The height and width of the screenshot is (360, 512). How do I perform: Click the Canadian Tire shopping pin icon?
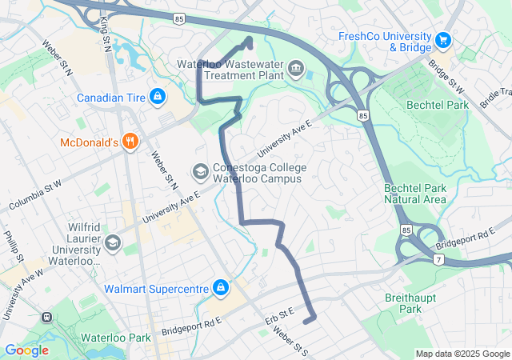click(157, 98)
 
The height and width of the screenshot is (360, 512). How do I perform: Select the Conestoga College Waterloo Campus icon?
click(200, 171)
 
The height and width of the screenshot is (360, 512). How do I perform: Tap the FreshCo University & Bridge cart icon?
click(442, 39)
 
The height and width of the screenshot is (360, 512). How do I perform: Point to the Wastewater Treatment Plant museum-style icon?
click(297, 69)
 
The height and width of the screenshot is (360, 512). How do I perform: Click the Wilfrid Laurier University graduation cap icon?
click(113, 242)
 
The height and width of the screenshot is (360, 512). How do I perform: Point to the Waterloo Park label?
click(115, 338)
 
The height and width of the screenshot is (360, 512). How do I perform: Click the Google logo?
click(26, 350)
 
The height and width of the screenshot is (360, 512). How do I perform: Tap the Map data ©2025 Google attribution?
click(462, 354)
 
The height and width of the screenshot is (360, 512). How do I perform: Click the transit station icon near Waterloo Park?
click(46, 316)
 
